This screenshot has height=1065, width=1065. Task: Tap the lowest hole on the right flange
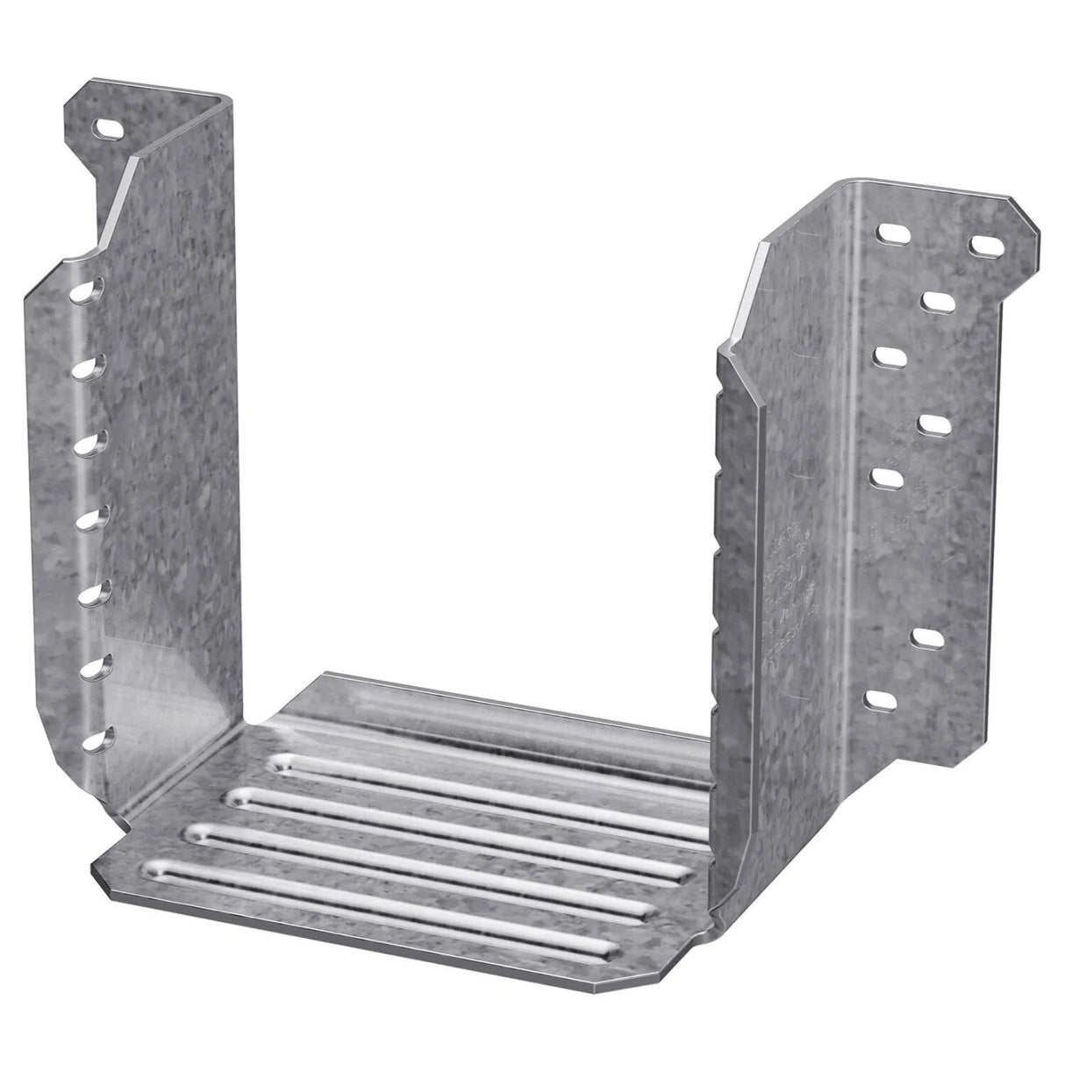click(881, 700)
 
